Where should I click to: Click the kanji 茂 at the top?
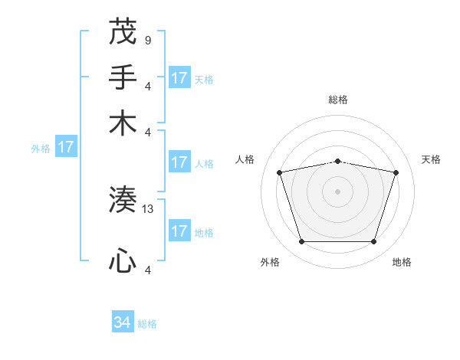123,34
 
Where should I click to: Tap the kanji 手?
123,77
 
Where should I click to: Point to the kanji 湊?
123,201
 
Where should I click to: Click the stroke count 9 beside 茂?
147,40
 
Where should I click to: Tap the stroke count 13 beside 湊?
148,208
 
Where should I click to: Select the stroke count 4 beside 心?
147,269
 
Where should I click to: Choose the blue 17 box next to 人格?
179,162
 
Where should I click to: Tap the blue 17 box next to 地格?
179,231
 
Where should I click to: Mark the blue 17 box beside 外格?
65,147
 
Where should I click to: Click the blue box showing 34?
123,322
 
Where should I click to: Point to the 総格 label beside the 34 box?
147,324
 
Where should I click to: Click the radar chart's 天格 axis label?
431,159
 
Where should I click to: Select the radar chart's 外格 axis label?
270,262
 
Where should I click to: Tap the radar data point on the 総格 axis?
337,161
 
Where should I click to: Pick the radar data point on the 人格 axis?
280,172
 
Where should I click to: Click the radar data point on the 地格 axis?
373,241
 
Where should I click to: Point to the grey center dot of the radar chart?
337,191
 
